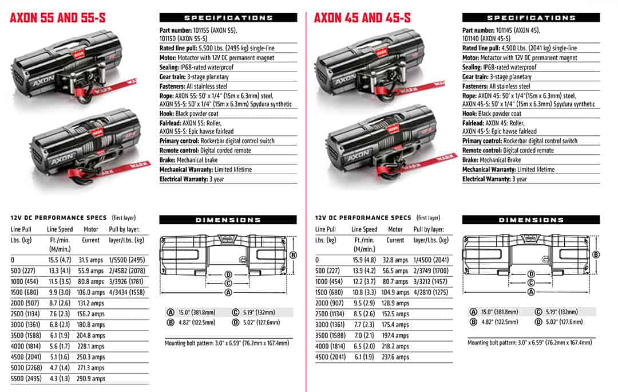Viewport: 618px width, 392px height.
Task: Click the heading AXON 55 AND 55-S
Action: coord(58,18)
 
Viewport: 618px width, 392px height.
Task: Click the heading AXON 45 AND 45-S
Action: coord(362,18)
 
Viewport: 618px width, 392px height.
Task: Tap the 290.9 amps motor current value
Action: coord(91,379)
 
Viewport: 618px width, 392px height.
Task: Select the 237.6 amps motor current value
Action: coord(395,357)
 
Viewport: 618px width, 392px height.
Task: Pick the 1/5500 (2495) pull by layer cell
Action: coord(126,260)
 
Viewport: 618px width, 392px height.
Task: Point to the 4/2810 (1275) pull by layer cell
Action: coord(430,292)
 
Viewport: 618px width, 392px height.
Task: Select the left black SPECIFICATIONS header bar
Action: coord(228,18)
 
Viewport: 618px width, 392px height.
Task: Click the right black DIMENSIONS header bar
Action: coord(531,220)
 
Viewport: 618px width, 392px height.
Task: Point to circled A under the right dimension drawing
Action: coord(531,292)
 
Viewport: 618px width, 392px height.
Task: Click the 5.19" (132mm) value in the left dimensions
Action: coord(256,312)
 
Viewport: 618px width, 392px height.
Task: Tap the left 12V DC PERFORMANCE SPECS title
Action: coord(59,218)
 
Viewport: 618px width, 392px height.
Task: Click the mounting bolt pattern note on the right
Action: coord(529,343)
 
